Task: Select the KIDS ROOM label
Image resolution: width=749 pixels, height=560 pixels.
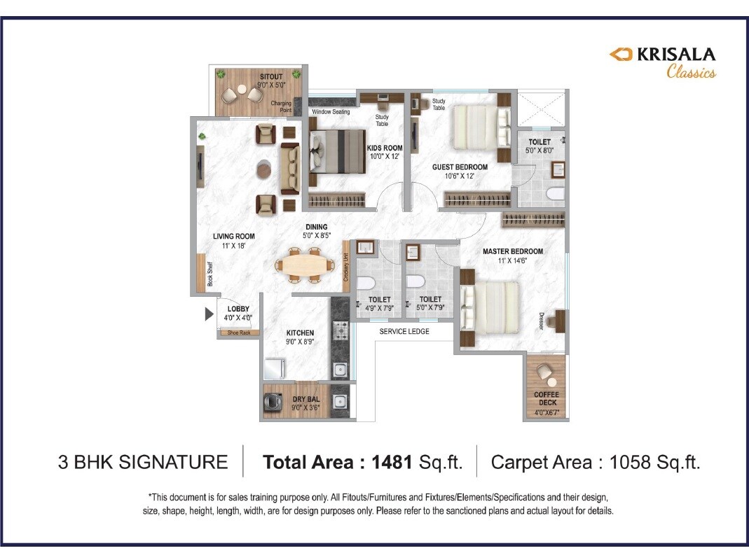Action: [385, 148]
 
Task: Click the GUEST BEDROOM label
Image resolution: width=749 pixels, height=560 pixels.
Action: [460, 167]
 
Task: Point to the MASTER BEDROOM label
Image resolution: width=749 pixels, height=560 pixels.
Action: [512, 251]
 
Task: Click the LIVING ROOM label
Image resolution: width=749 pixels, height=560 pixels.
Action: [233, 237]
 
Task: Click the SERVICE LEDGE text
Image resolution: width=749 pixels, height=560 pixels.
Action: [404, 331]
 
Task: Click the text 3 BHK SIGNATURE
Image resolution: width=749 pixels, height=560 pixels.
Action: [143, 462]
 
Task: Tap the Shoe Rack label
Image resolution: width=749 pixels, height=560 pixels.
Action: [238, 332]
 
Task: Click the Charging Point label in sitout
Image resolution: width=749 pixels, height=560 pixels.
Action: [281, 106]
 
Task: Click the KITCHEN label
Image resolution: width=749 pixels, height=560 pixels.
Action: [300, 332]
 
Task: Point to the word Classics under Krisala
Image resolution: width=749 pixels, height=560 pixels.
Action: [690, 71]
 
